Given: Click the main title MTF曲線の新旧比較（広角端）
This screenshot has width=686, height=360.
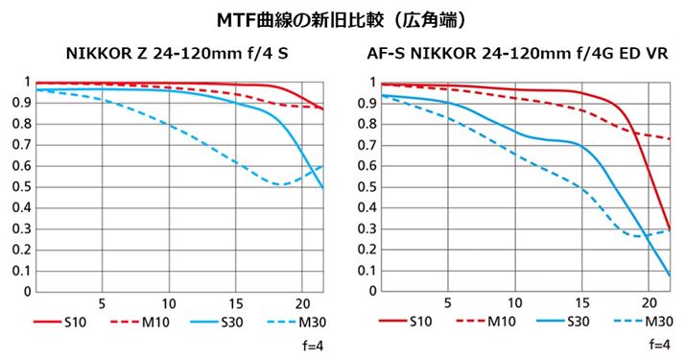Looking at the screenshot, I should click(343, 18).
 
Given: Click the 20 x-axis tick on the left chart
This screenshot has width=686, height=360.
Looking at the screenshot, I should click(302, 302).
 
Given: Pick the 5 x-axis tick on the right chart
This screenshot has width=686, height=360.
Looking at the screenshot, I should click(448, 302).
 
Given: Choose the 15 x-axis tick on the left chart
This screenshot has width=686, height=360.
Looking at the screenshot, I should click(235, 302).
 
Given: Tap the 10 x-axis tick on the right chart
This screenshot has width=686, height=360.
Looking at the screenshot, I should click(515, 302).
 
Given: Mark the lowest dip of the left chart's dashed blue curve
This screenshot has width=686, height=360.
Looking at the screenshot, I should click(278, 184).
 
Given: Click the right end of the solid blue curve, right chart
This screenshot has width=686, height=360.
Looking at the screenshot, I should click(669, 276).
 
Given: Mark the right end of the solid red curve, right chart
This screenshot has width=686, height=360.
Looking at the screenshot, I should click(669, 228).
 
